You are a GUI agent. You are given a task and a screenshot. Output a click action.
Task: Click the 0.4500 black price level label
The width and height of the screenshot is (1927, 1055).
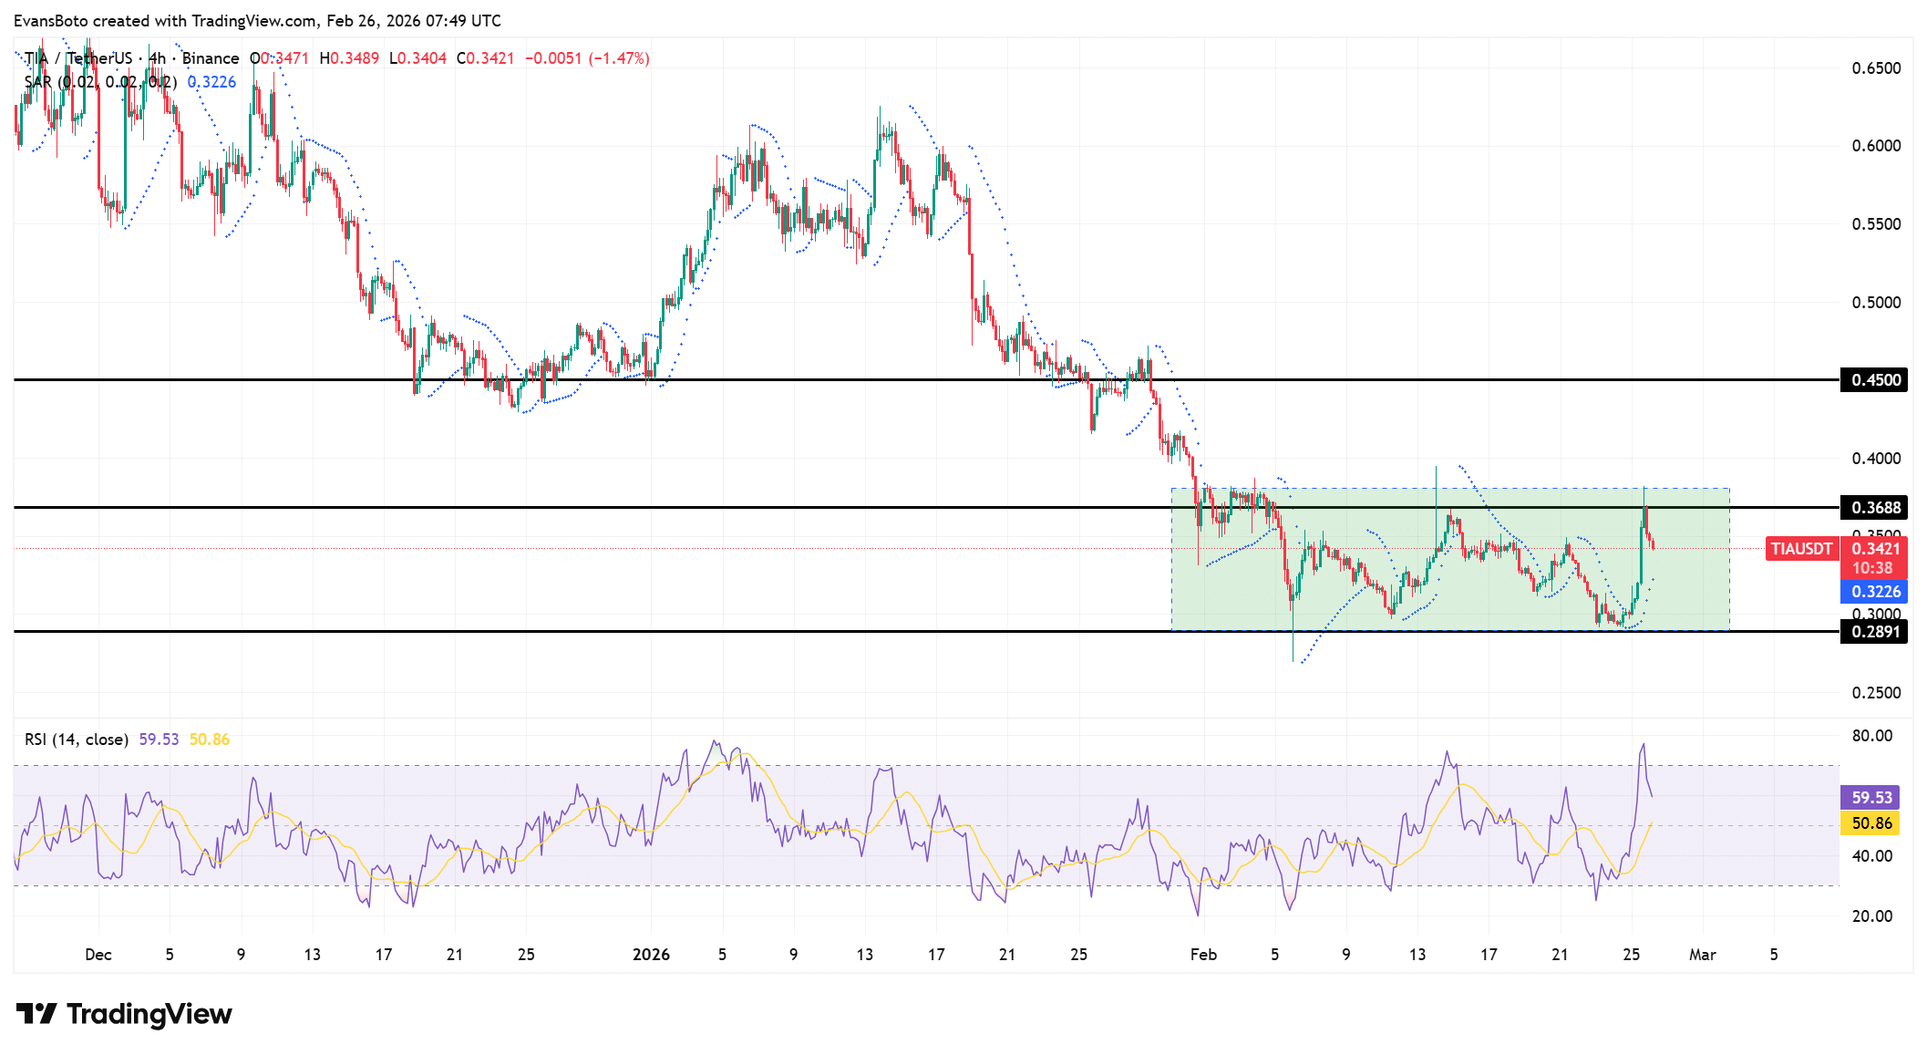pyautogui.click(x=1875, y=380)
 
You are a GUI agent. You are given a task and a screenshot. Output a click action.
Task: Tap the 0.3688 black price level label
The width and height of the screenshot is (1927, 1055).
pyautogui.click(x=1875, y=508)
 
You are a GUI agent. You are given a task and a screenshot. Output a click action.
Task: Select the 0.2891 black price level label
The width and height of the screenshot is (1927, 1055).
pyautogui.click(x=1875, y=632)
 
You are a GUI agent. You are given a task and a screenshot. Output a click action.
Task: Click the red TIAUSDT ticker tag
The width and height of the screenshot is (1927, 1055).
pyautogui.click(x=1801, y=549)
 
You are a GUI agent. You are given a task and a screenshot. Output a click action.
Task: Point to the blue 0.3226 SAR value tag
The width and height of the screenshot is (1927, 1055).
pyautogui.click(x=1875, y=592)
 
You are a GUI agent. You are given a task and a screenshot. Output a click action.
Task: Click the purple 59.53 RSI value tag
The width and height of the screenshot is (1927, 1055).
pyautogui.click(x=1871, y=798)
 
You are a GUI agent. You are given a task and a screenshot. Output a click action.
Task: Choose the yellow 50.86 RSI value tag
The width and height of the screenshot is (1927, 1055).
pyautogui.click(x=1871, y=823)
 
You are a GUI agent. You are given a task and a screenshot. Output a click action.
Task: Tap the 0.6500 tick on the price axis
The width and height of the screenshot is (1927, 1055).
pyautogui.click(x=1876, y=68)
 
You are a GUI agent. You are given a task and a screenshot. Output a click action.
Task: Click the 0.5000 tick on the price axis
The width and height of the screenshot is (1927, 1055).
pyautogui.click(x=1876, y=303)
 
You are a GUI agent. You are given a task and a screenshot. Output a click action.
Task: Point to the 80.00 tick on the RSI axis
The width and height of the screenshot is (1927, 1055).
pyautogui.click(x=1872, y=736)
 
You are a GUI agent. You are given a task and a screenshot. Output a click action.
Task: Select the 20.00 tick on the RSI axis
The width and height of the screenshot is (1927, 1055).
pyautogui.click(x=1872, y=916)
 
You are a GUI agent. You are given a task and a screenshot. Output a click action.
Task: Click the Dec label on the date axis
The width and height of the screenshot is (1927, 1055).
pyautogui.click(x=98, y=955)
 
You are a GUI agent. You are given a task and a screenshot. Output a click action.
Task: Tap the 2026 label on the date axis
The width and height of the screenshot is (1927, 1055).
pyautogui.click(x=651, y=955)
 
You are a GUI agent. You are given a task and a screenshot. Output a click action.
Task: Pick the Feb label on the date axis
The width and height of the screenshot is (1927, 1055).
pyautogui.click(x=1203, y=955)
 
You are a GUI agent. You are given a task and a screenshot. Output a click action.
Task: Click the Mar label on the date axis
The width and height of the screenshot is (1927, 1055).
pyautogui.click(x=1702, y=955)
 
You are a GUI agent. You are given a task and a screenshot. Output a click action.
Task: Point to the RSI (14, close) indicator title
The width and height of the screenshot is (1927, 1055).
pyautogui.click(x=77, y=740)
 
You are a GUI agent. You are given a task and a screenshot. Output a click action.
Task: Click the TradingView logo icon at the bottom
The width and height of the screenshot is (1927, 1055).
pyautogui.click(x=37, y=1014)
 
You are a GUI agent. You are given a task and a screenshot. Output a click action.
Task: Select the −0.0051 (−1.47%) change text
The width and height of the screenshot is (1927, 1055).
pyautogui.click(x=587, y=58)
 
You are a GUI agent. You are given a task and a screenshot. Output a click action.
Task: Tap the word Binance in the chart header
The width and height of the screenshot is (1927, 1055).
pyautogui.click(x=211, y=58)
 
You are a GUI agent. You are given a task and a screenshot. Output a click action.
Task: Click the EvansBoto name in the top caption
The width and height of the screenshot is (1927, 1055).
pyautogui.click(x=51, y=20)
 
